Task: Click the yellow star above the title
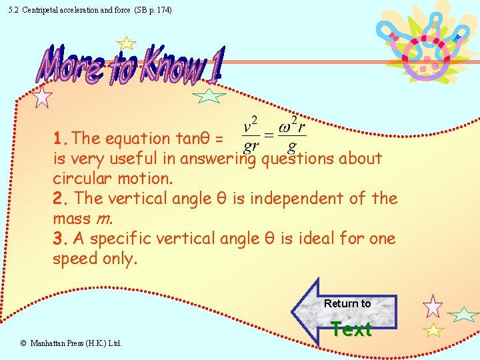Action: pyautogui.click(x=125, y=44)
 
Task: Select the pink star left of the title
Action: pyautogui.click(x=43, y=97)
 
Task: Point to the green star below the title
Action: pyautogui.click(x=209, y=96)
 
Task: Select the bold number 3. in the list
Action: pyautogui.click(x=61, y=239)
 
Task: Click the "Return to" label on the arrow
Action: pyautogui.click(x=347, y=304)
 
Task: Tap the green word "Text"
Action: pyautogui.click(x=351, y=329)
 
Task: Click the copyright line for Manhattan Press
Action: pyautogui.click(x=71, y=343)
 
